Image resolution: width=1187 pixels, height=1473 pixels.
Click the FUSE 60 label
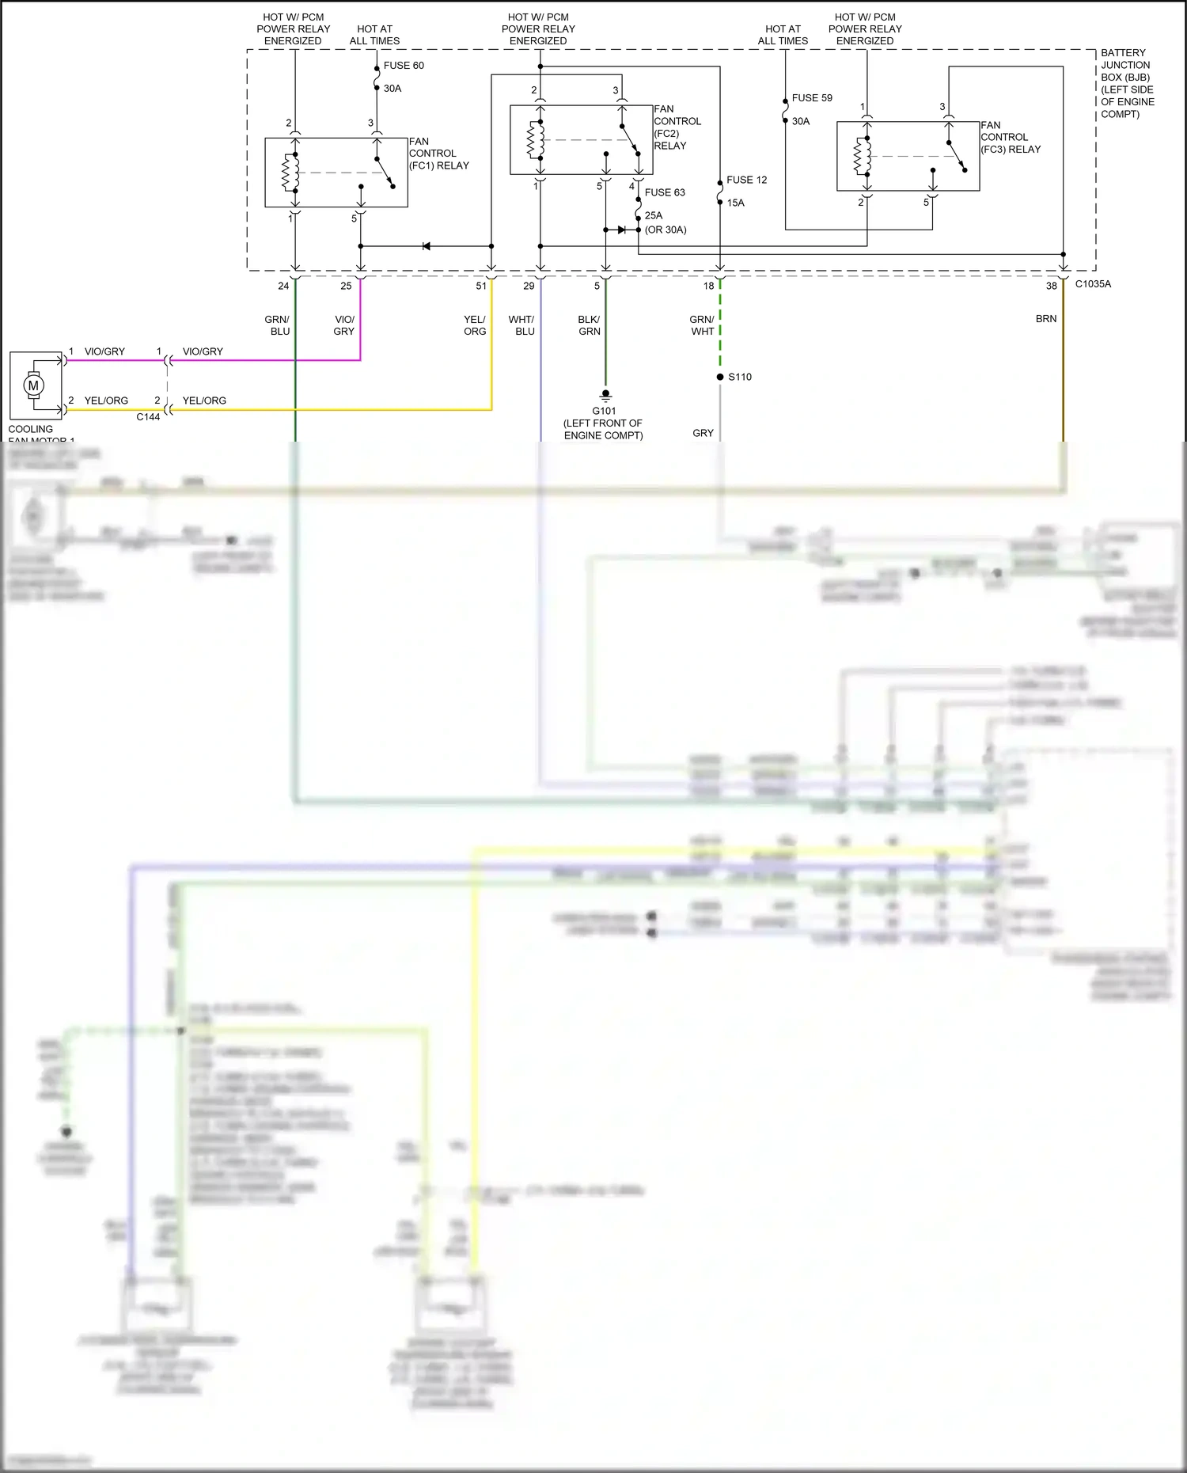coord(404,66)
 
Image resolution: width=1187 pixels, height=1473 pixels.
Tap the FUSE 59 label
coord(812,98)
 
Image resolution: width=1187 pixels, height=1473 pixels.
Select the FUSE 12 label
coord(746,180)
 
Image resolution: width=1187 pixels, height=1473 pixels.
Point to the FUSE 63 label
coord(665,192)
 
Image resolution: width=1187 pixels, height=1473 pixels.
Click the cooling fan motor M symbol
coord(33,385)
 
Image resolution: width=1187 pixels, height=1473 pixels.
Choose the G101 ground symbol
coord(605,395)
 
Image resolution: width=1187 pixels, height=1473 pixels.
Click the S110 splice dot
coord(720,377)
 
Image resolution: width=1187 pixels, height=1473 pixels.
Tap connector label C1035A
coord(1093,284)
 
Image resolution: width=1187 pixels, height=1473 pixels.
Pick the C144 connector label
coord(148,417)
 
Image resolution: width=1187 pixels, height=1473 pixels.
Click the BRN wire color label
coord(1046,319)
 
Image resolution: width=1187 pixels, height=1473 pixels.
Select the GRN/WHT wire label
coord(702,325)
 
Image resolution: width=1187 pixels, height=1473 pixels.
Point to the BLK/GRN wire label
coord(589,325)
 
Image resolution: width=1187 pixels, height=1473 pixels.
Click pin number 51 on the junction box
coord(481,286)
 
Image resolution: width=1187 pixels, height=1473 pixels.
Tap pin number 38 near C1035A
coord(1051,286)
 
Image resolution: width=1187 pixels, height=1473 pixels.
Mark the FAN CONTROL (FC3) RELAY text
coord(1011,137)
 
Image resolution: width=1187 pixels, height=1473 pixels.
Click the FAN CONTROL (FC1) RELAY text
coord(438,154)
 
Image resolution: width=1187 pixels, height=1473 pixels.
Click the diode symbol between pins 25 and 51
coord(426,246)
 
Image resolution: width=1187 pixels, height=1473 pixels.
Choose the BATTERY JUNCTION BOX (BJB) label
coord(1127,83)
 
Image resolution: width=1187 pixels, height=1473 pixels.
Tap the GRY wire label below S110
coord(703,433)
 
